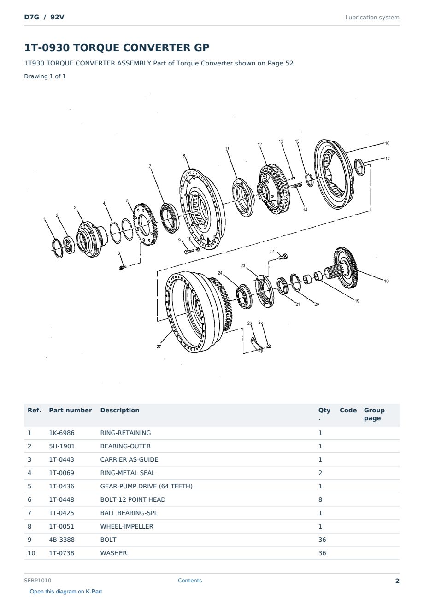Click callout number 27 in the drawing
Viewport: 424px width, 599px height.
[x=159, y=346]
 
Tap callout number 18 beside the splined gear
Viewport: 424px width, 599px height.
[x=386, y=281]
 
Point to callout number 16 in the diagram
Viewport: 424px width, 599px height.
[x=387, y=143]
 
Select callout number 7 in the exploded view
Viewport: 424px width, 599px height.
[x=150, y=166]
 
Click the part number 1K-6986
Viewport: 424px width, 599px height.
[x=62, y=433]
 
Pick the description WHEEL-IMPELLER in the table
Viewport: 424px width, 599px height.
[x=127, y=526]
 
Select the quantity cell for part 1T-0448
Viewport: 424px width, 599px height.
[x=320, y=499]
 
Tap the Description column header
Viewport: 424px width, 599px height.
[x=119, y=410]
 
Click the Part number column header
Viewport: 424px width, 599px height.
[x=71, y=410]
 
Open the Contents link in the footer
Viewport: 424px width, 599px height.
[x=190, y=581]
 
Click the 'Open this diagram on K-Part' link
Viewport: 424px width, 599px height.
[x=66, y=592]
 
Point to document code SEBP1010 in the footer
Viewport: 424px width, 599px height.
[x=38, y=581]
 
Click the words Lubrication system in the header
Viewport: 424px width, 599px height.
[x=372, y=18]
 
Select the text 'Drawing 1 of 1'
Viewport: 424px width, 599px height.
[x=45, y=76]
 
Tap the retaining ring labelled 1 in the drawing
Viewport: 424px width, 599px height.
[x=58, y=249]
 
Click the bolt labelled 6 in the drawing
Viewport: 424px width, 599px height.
[x=122, y=267]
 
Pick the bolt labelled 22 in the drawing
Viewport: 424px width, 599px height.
[x=283, y=257]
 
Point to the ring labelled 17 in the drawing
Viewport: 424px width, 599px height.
[x=359, y=167]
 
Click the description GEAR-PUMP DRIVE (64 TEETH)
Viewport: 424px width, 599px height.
[x=147, y=486]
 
